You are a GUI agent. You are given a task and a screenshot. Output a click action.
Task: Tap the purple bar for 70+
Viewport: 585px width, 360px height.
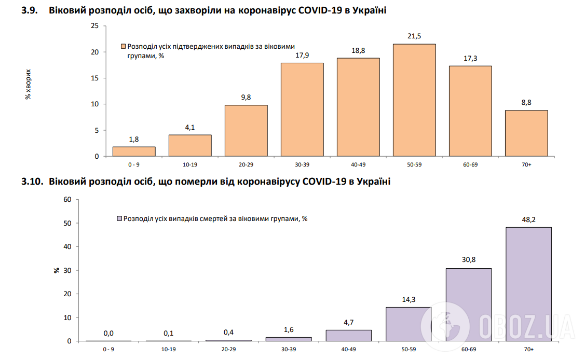(528, 284)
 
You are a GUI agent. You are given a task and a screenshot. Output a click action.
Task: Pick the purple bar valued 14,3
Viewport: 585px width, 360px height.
(408, 324)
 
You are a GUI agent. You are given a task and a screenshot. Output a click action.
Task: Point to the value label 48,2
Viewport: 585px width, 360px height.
(528, 220)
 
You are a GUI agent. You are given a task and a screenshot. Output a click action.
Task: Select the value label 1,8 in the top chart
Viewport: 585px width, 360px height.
(134, 140)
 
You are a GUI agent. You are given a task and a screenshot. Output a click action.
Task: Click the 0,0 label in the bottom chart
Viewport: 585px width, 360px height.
(108, 333)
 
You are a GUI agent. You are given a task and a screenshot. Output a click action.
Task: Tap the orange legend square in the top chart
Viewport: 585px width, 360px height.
(123, 46)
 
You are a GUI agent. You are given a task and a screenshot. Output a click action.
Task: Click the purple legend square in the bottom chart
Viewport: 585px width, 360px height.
(119, 219)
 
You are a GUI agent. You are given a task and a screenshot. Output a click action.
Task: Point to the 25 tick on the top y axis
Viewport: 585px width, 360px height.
(95, 26)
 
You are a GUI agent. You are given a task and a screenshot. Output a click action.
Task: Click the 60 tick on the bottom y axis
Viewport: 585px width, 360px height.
(67, 199)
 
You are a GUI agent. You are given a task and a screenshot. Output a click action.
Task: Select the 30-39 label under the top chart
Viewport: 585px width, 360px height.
(302, 164)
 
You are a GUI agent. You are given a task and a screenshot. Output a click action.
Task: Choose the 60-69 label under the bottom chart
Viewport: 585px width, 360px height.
(468, 350)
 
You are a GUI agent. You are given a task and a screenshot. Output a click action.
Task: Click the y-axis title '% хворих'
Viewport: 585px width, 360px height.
(29, 84)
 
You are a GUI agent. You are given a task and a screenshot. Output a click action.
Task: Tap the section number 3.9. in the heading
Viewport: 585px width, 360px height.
(29, 10)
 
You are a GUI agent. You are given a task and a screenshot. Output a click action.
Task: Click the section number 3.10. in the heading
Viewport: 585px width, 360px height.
(31, 182)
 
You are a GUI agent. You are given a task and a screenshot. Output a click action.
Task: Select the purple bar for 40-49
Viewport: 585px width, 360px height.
(349, 336)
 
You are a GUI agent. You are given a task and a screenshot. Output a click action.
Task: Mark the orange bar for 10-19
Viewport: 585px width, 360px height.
(190, 146)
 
